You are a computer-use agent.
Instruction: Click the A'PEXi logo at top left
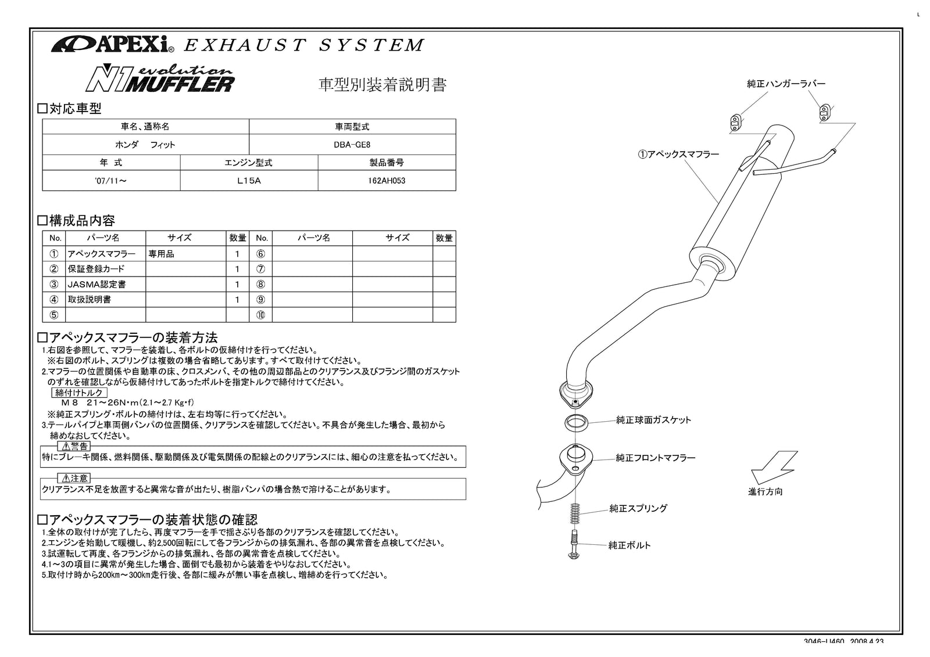click(109, 44)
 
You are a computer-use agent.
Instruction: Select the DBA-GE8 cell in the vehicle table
click(352, 145)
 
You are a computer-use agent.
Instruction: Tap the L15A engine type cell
click(249, 181)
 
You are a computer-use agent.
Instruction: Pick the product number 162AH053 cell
click(387, 181)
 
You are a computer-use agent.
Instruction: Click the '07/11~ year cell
click(110, 181)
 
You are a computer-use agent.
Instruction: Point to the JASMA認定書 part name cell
click(97, 285)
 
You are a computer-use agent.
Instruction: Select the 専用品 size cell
click(161, 254)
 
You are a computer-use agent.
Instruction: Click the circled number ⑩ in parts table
click(261, 315)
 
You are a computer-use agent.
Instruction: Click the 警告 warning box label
click(76, 446)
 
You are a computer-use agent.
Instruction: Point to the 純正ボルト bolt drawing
click(573, 544)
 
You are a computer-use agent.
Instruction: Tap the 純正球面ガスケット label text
click(653, 420)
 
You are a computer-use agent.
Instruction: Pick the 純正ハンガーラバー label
click(786, 84)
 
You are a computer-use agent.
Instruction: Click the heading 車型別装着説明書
click(382, 85)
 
